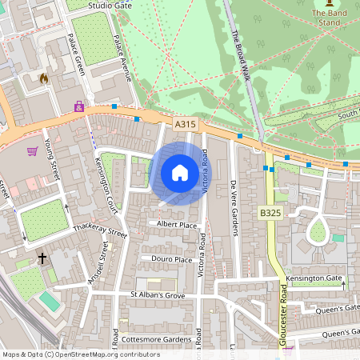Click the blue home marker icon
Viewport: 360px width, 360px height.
pos(180,173)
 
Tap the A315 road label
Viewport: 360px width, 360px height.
pos(185,124)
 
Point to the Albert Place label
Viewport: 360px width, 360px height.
pos(177,225)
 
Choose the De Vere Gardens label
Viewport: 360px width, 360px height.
pos(234,207)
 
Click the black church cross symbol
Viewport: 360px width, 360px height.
pos(42,258)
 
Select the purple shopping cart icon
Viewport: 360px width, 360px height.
pos(33,150)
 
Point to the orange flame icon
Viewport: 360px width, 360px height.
pos(43,78)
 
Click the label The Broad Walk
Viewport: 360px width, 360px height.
pos(240,52)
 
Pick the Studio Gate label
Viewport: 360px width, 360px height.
pos(111,5)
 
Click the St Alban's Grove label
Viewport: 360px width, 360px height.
pos(158,296)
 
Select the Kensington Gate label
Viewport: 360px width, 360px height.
pos(313,280)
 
